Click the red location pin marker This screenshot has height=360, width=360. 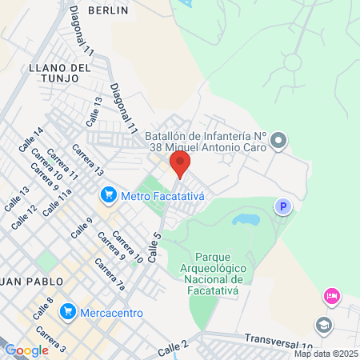(180, 165)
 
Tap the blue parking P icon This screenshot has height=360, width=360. (282, 207)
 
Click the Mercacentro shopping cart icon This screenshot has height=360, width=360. (67, 310)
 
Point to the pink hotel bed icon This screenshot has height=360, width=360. (331, 298)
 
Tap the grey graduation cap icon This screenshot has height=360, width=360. (324, 326)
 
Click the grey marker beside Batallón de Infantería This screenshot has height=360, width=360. (278, 142)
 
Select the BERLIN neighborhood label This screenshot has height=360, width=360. (108, 10)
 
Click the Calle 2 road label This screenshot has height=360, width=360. (173, 347)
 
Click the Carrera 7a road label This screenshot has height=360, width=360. (110, 273)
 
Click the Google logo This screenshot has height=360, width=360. (26, 350)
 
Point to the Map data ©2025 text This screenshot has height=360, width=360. (325, 354)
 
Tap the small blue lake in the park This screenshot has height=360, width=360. (246, 218)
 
